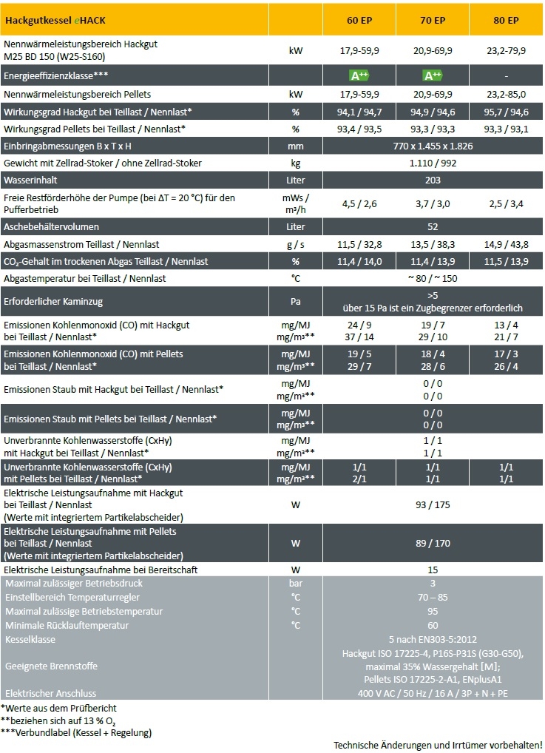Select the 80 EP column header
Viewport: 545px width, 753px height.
506,20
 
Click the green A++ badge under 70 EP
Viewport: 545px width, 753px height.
433,75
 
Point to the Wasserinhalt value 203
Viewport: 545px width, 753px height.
433,180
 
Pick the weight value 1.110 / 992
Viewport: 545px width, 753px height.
433,163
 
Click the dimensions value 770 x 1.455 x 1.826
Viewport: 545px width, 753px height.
433,146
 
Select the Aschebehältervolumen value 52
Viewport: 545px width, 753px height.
433,226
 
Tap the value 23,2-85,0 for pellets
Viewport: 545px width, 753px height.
506,95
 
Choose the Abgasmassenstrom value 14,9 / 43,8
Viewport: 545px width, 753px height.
506,244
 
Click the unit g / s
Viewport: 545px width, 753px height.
296,244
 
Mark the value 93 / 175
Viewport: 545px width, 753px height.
433,504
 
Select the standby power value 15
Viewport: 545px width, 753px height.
433,570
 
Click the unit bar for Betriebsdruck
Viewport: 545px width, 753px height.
296,584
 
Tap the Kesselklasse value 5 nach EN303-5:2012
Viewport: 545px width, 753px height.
433,639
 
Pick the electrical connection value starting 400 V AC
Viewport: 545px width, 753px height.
433,693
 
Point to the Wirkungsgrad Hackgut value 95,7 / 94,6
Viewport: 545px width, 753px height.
506,112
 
